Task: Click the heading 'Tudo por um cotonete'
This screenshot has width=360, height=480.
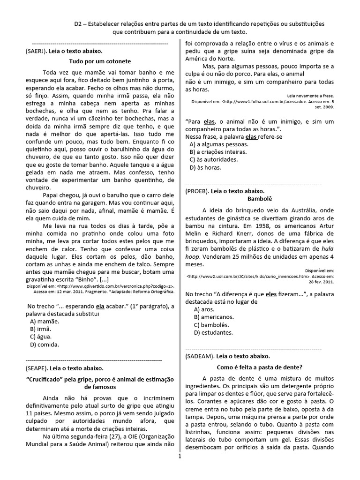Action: [100, 61]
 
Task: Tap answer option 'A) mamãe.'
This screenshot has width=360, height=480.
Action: [45, 321]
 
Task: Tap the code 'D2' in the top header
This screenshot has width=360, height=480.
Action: [79, 23]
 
